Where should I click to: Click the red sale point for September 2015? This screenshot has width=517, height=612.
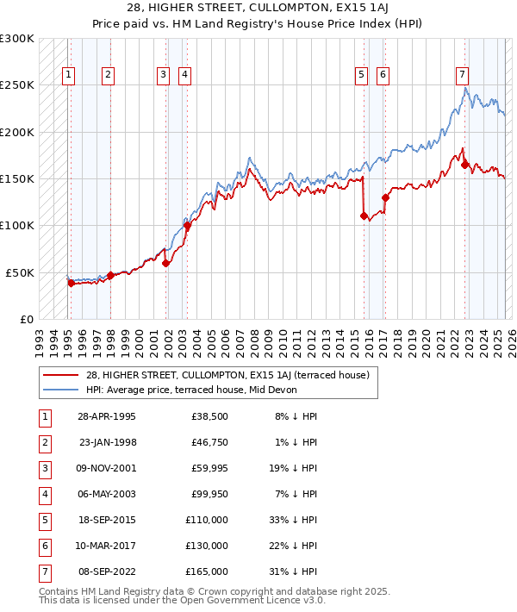364,215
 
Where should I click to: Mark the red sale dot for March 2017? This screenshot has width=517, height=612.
385,197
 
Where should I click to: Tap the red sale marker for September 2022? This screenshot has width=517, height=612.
464,165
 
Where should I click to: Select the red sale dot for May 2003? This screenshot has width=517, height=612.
187,226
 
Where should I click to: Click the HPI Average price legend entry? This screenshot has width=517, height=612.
191,390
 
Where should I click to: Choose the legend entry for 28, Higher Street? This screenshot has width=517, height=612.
227,375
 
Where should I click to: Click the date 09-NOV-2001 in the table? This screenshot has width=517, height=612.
107,469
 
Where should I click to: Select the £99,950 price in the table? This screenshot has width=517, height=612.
209,495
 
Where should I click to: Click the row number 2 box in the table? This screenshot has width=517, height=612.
44,443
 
